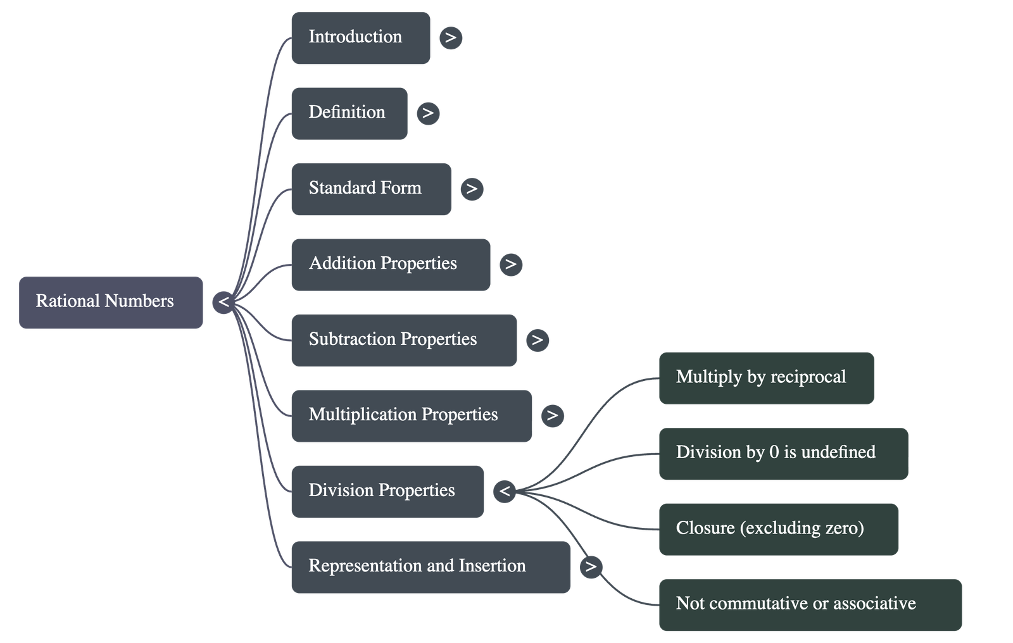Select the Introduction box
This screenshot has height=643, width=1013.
click(x=360, y=37)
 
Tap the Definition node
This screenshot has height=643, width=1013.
click(x=349, y=113)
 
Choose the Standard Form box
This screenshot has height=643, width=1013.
click(x=370, y=189)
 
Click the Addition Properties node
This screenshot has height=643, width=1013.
click(x=390, y=265)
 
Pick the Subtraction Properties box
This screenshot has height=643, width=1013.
click(x=403, y=340)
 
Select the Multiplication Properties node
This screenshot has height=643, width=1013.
click(x=411, y=415)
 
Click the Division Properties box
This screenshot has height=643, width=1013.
click(x=387, y=491)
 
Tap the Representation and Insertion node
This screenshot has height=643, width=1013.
click(x=431, y=566)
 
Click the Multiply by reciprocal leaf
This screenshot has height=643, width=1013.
click(x=766, y=378)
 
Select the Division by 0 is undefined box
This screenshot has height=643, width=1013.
click(x=783, y=453)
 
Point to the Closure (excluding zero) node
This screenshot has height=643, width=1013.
click(x=778, y=529)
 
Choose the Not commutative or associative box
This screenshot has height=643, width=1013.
click(x=810, y=604)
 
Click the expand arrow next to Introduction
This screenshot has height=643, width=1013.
click(x=450, y=38)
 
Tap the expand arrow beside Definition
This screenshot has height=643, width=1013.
click(x=428, y=113)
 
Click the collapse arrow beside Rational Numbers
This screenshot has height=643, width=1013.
click(x=223, y=302)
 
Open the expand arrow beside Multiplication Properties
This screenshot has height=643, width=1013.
click(x=552, y=415)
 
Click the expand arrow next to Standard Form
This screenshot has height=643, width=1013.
click(x=471, y=189)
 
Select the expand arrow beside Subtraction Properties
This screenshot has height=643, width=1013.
click(x=537, y=340)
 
